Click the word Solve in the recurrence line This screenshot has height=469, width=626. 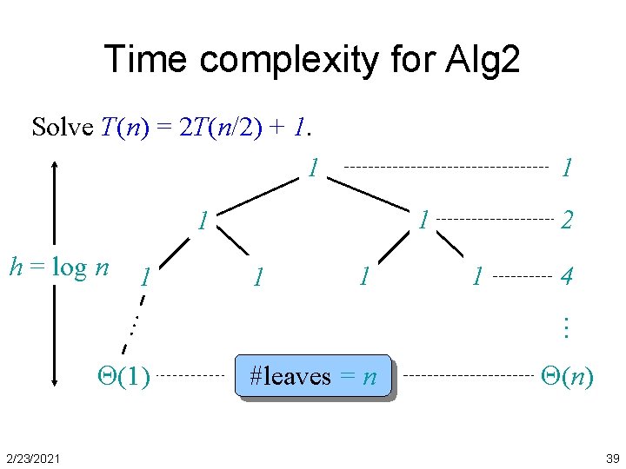[x=62, y=128]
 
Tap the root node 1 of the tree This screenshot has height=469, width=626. [x=313, y=167]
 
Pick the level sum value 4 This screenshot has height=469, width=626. [x=566, y=278]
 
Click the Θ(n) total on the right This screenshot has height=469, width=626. [x=567, y=376]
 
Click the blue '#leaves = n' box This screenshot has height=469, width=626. [x=313, y=376]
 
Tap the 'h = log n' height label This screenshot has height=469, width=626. [x=58, y=267]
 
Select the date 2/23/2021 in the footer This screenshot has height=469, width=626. [x=31, y=458]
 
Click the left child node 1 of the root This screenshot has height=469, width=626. [x=202, y=221]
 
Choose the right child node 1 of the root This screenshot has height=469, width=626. [x=423, y=219]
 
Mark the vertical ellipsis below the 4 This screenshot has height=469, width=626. [x=565, y=327]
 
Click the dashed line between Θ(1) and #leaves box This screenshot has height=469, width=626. [x=191, y=376]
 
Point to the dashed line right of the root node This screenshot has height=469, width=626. [x=446, y=167]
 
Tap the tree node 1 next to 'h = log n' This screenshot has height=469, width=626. [x=148, y=277]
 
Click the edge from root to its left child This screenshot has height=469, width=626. [x=257, y=195]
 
